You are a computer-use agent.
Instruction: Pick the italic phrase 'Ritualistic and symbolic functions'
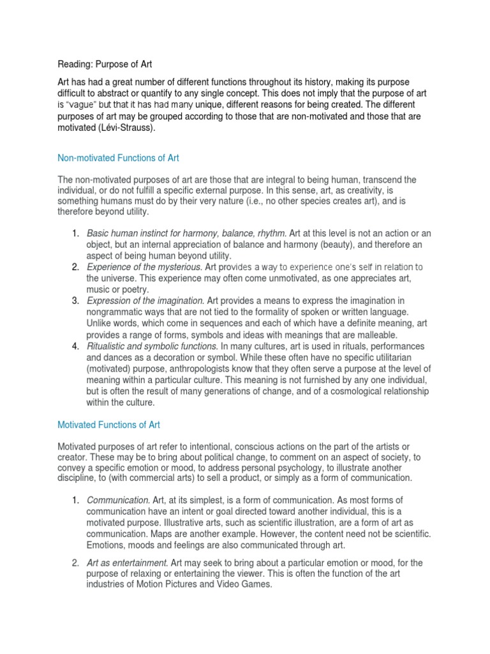pyautogui.click(x=151, y=346)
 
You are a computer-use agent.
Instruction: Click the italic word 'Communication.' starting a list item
pyautogui.click(x=116, y=499)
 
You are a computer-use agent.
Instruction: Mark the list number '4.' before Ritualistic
pyautogui.click(x=75, y=346)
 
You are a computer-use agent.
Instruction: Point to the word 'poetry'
pyautogui.click(x=133, y=289)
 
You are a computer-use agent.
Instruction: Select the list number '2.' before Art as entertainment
pyautogui.click(x=75, y=562)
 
